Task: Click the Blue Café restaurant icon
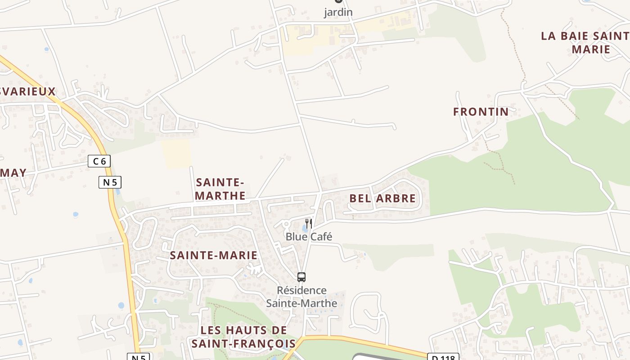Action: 309,223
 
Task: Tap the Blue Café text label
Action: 309,237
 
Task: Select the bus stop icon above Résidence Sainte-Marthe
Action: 301,277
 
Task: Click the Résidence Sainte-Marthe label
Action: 301,297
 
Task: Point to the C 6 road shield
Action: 99,161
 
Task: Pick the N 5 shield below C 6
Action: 110,182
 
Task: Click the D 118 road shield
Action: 443,357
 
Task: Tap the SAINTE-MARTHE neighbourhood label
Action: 220,189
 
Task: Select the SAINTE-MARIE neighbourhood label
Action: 213,256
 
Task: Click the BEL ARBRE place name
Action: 382,198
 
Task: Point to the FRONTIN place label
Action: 481,112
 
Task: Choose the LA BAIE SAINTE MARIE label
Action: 585,43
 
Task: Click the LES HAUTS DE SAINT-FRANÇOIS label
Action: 243,337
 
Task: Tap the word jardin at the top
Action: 338,13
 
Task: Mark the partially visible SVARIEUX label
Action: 28,91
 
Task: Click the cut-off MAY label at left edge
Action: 13,173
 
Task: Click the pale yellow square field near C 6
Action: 176,153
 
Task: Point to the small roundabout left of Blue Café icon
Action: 286,225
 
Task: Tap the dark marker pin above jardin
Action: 338,1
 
